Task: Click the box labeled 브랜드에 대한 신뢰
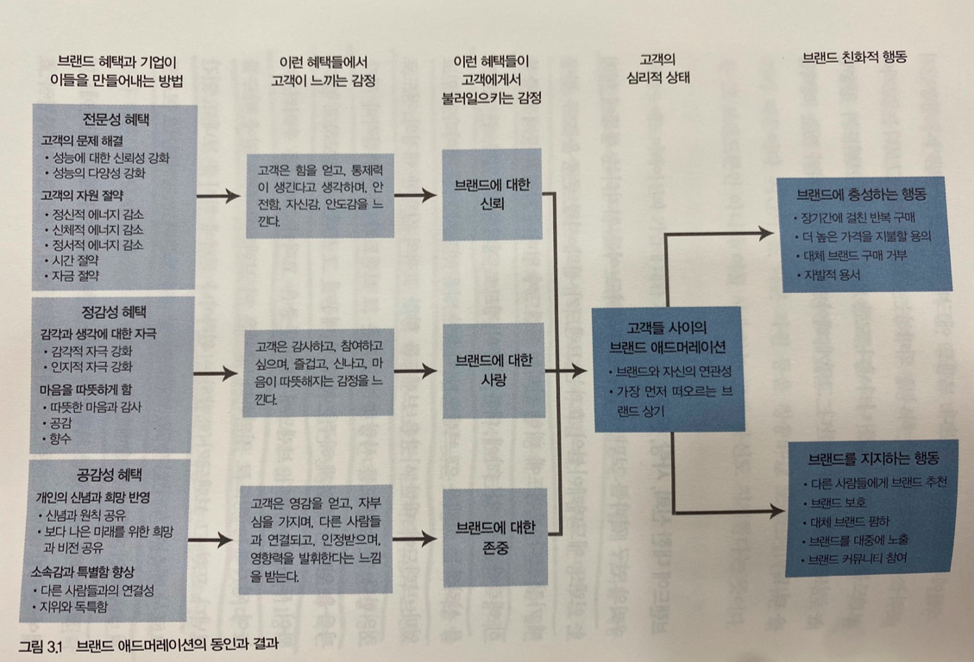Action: pos(491,195)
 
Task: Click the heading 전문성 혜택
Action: pos(115,118)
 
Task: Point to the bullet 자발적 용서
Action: pos(832,275)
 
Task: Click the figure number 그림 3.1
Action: pos(42,643)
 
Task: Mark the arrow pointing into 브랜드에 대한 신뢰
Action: pos(418,196)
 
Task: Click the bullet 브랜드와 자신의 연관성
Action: pos(669,372)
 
